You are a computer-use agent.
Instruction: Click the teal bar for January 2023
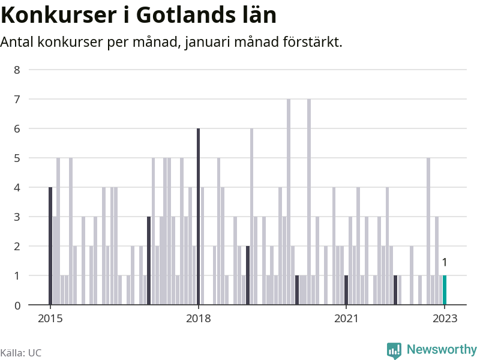click(x=445, y=290)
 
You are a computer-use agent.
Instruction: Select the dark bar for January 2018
click(x=198, y=217)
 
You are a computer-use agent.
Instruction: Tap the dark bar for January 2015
click(x=50, y=246)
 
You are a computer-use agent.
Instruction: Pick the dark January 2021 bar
click(x=346, y=290)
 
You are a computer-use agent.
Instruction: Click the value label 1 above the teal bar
click(x=445, y=262)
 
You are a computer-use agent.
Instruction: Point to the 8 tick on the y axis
click(x=17, y=70)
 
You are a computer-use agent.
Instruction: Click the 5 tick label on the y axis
click(x=17, y=158)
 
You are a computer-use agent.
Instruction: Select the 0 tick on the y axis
click(x=17, y=305)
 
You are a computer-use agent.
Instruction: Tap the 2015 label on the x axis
click(x=50, y=319)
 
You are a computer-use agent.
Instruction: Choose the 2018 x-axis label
click(x=198, y=319)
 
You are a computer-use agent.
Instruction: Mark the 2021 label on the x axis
click(x=346, y=319)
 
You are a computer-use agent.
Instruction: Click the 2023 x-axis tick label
click(x=445, y=319)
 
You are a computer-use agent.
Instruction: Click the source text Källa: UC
click(x=21, y=353)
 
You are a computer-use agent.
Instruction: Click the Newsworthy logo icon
click(x=394, y=350)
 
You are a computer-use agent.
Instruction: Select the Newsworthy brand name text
click(x=442, y=349)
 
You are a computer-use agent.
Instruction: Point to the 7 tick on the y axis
click(x=17, y=99)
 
